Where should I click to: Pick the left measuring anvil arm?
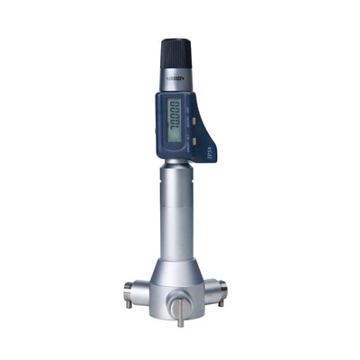tap(135, 290)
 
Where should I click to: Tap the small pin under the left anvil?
tap(129, 303)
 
